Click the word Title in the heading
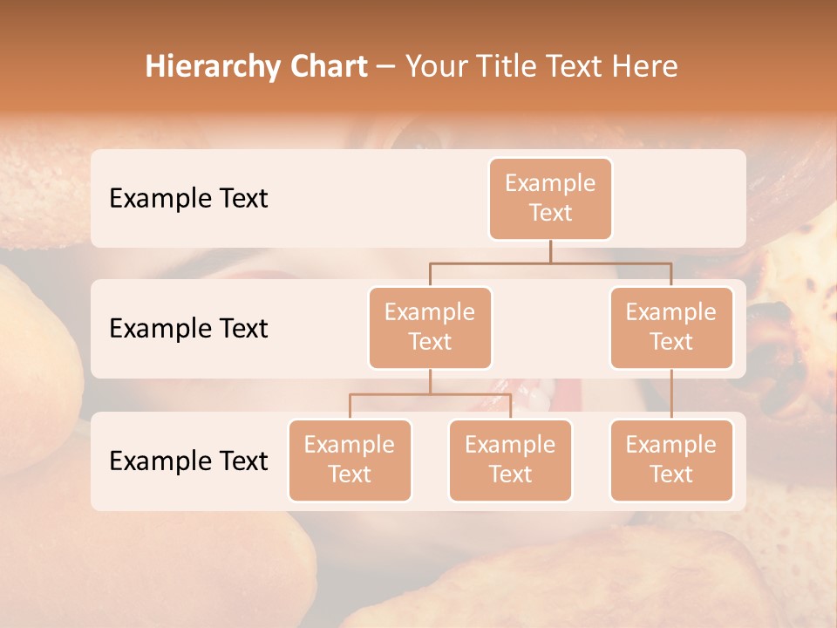click(507, 66)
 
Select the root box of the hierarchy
click(550, 198)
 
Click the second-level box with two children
click(430, 327)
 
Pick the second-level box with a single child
click(671, 327)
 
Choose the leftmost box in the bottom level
click(350, 460)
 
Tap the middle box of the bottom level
click(510, 460)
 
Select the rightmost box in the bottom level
click(671, 460)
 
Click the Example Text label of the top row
click(188, 198)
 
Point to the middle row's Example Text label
click(188, 328)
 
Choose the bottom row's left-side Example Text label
click(188, 461)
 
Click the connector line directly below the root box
click(550, 251)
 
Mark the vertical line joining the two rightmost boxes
click(671, 394)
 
